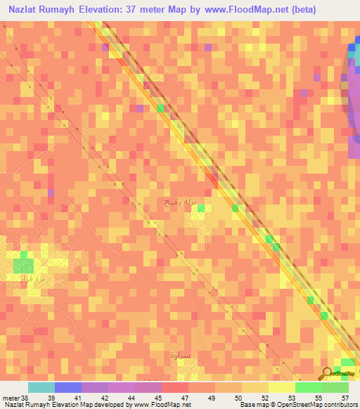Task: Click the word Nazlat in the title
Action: tap(25, 10)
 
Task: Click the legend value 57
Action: tap(345, 398)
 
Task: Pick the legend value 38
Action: tap(25, 398)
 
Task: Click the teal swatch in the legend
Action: tap(41, 387)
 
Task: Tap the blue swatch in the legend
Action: tap(68, 387)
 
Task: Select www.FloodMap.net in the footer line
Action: tap(161, 405)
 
